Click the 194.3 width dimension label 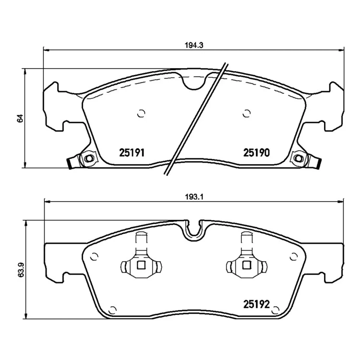tap(194, 45)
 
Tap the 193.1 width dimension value tap(194, 197)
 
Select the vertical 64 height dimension tap(20, 118)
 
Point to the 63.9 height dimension tap(21, 269)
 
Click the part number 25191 tap(132, 153)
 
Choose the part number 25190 tap(256, 153)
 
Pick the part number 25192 tap(256, 304)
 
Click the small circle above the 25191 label tap(141, 113)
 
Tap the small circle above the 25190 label tap(247, 113)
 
